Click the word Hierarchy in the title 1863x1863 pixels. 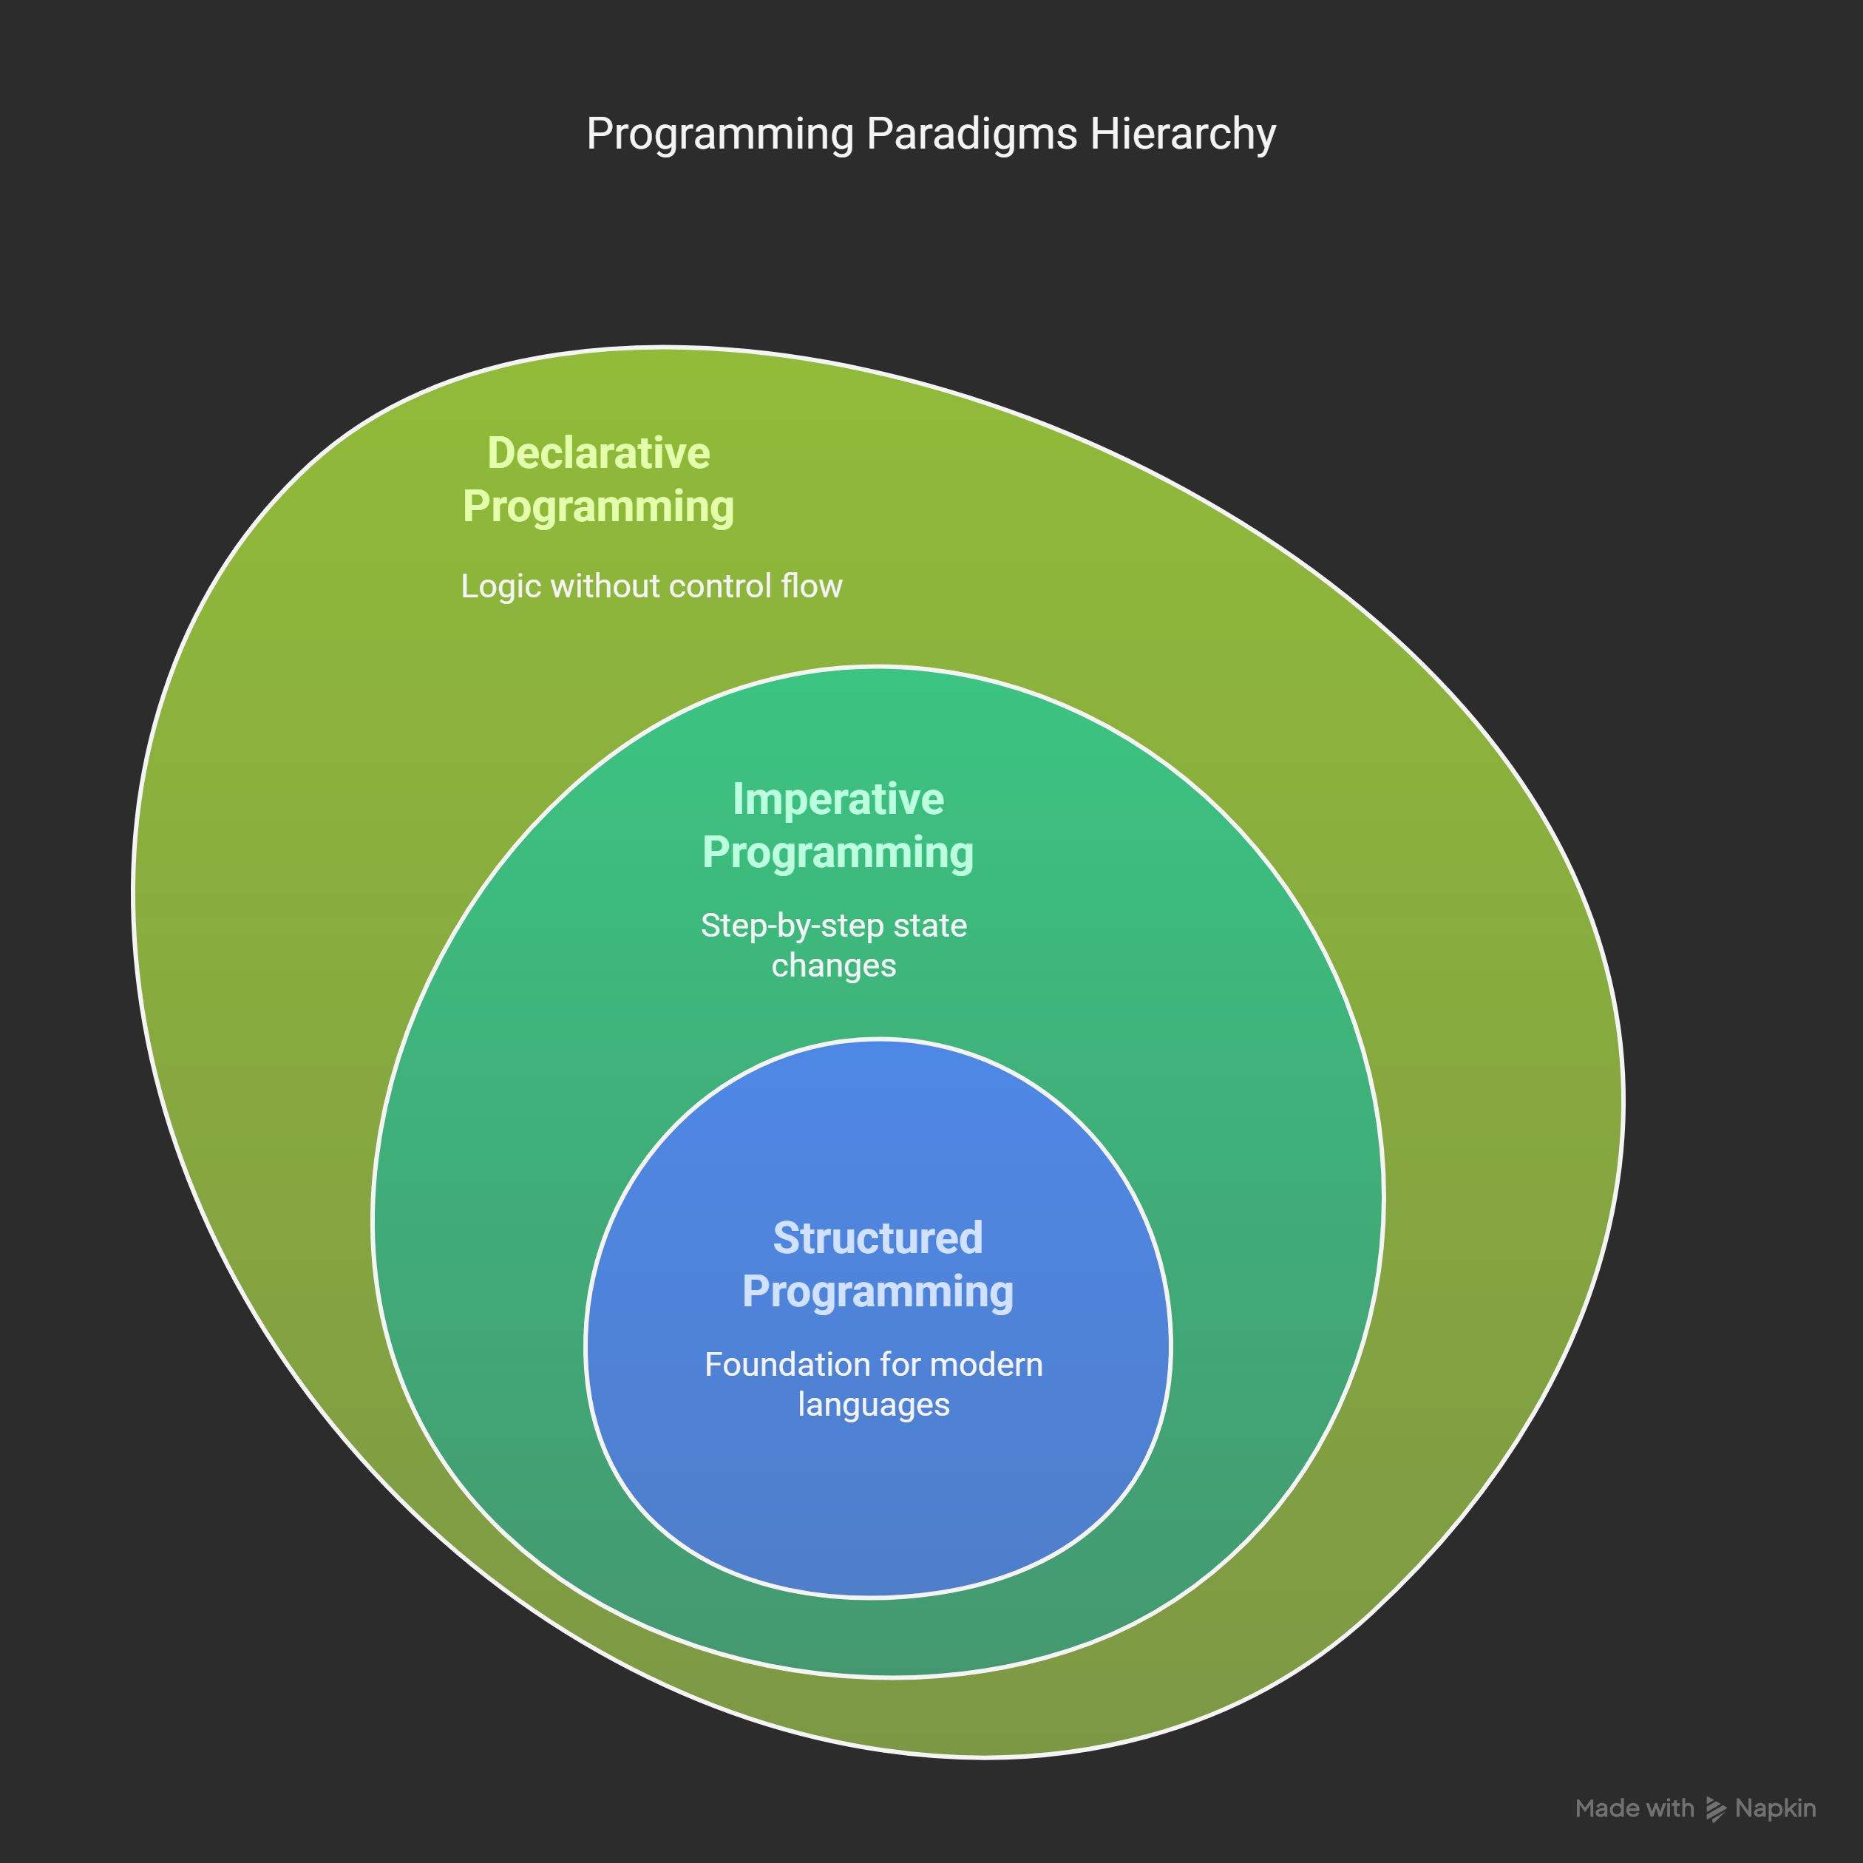point(1182,134)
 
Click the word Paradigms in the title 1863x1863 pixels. point(971,134)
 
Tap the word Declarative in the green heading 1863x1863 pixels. point(598,453)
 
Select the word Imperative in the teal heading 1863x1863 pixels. point(838,799)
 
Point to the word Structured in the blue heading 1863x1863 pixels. point(878,1238)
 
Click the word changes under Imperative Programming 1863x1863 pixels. point(833,966)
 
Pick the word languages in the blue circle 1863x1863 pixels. point(874,1405)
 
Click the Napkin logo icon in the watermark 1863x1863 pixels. point(1714,1810)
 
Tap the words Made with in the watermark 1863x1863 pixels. point(1634,1809)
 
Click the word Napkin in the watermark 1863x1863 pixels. point(1775,1809)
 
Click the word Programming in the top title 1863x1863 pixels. point(719,134)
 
